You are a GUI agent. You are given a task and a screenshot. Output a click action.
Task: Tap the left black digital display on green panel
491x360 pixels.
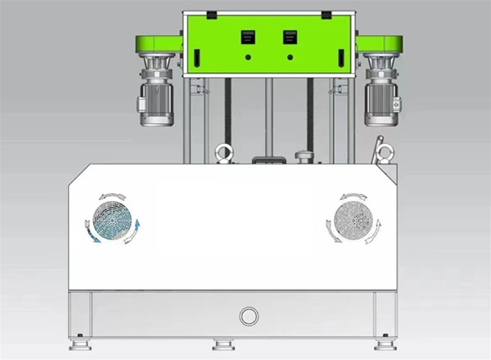pos(247,37)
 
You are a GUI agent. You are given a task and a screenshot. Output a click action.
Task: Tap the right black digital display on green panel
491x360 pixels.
pos(289,37)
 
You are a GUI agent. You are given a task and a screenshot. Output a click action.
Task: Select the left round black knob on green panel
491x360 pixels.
pos(247,58)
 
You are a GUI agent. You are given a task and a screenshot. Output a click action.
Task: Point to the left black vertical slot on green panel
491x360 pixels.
pos(196,59)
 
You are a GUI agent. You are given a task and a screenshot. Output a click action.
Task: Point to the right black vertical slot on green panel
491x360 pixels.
pos(340,59)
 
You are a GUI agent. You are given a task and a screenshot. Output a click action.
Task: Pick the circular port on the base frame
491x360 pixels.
pos(248,315)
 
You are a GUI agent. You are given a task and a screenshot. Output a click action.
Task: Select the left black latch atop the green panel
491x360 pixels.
pos(211,15)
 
